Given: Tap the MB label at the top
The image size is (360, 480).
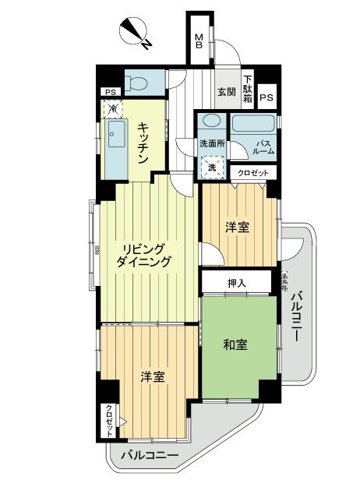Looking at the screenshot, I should pos(199,41).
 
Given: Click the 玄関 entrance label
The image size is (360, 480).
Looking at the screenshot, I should pos(227,93).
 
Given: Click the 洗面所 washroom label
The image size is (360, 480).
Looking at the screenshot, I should pos(212,144).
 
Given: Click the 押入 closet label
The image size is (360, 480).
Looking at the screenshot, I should pos(237,282).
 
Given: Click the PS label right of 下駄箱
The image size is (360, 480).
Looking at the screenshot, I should pos(266,97).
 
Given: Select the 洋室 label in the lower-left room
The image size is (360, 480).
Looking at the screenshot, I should pos(152,378).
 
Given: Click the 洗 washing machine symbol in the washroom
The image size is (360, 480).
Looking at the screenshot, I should pos(211,168).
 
